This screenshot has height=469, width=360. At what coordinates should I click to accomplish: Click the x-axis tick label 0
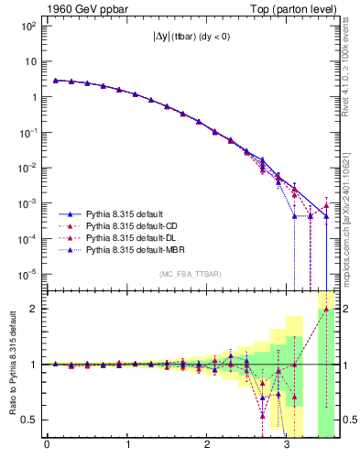[x=47, y=449]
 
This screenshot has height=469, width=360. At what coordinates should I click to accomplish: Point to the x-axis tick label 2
[x=208, y=449]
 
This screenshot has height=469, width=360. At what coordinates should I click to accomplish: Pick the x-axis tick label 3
[x=288, y=449]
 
